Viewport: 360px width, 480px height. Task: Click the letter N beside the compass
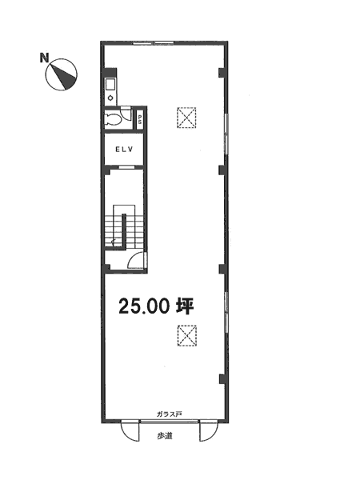click(44, 58)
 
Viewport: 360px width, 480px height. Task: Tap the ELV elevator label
click(124, 150)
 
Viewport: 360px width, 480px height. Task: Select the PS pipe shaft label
click(139, 119)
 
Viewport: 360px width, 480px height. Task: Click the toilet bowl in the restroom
click(112, 119)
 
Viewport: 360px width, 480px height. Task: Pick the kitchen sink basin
click(110, 84)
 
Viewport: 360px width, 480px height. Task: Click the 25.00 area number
click(144, 306)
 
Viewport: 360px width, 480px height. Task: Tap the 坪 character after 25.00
click(185, 306)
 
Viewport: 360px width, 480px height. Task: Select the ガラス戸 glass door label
click(170, 414)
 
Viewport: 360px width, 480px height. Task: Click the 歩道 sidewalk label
click(164, 436)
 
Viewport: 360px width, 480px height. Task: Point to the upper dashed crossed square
click(186, 118)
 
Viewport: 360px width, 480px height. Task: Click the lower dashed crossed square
click(186, 335)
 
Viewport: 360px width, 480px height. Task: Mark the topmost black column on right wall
click(222, 72)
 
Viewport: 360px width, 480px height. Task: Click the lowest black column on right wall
click(222, 378)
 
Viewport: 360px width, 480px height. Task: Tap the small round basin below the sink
click(110, 98)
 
